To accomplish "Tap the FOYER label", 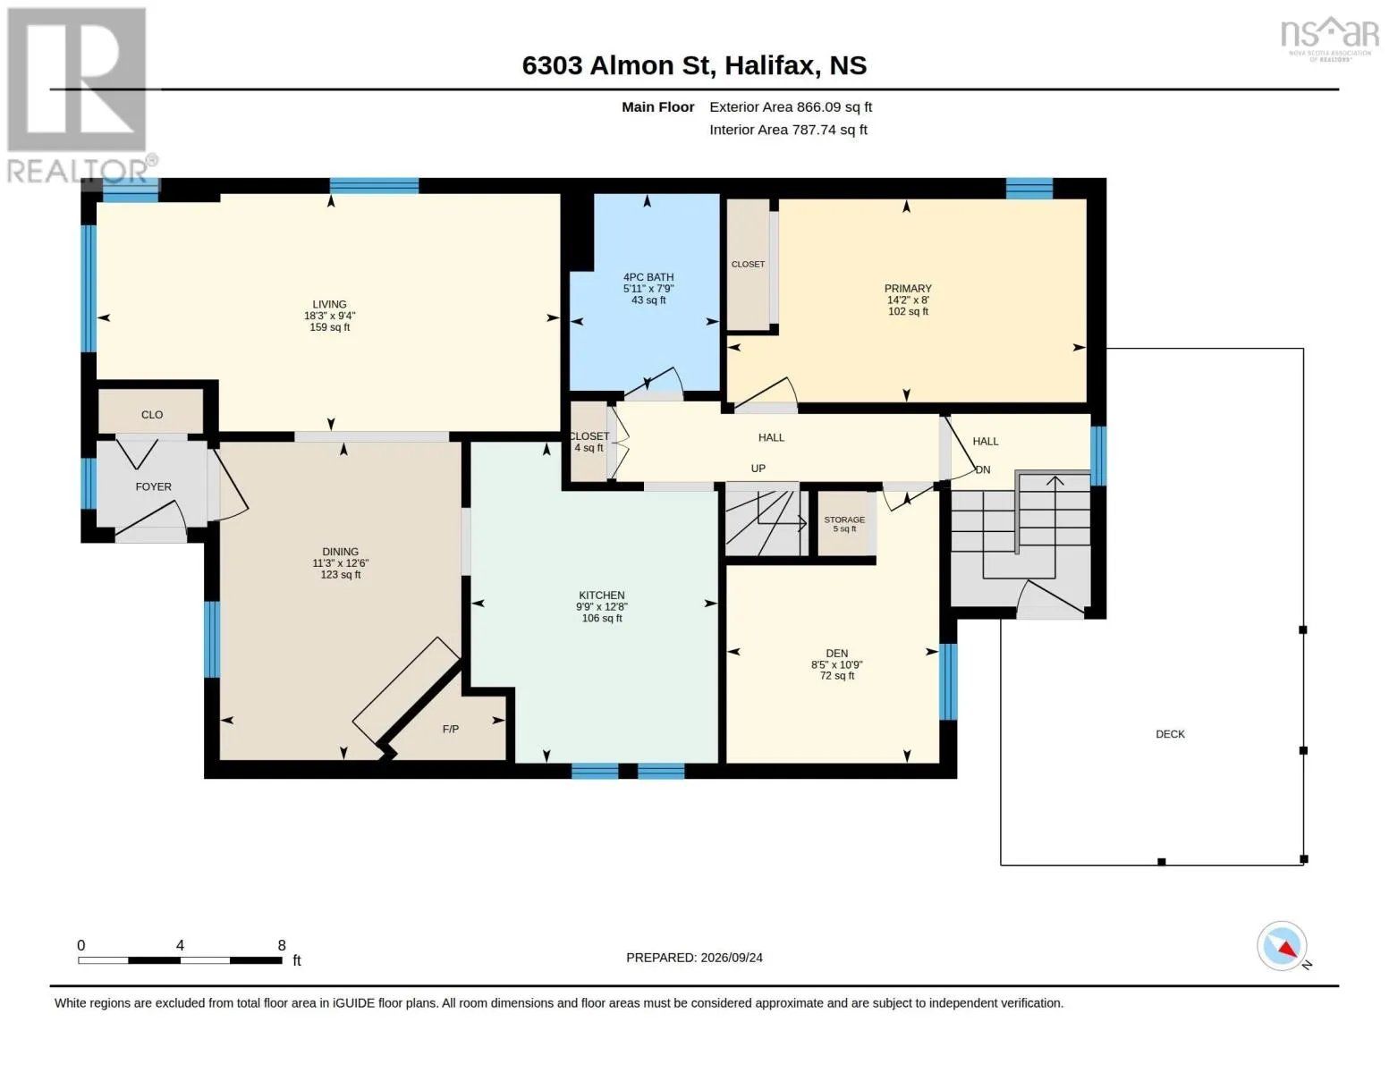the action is click(x=154, y=487).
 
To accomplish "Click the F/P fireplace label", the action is click(x=451, y=729).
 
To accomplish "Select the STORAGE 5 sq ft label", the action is click(x=844, y=524).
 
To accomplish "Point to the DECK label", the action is click(x=1170, y=734).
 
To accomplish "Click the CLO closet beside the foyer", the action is click(x=152, y=415).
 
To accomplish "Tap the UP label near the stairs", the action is click(x=758, y=469).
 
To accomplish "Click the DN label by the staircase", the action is click(x=983, y=469).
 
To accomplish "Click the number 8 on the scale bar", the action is click(x=281, y=945).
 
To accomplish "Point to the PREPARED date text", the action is click(x=694, y=958).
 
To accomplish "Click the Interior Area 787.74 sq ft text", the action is click(x=788, y=130).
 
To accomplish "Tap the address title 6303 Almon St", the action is click(x=616, y=65).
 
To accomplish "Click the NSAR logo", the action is click(x=1330, y=38).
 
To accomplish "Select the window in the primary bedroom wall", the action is click(x=1029, y=189).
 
